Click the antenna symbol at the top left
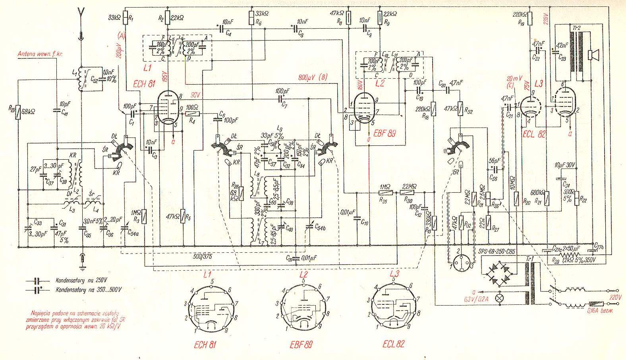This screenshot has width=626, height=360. coord(81,16)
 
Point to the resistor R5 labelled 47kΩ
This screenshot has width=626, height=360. coord(183,217)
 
